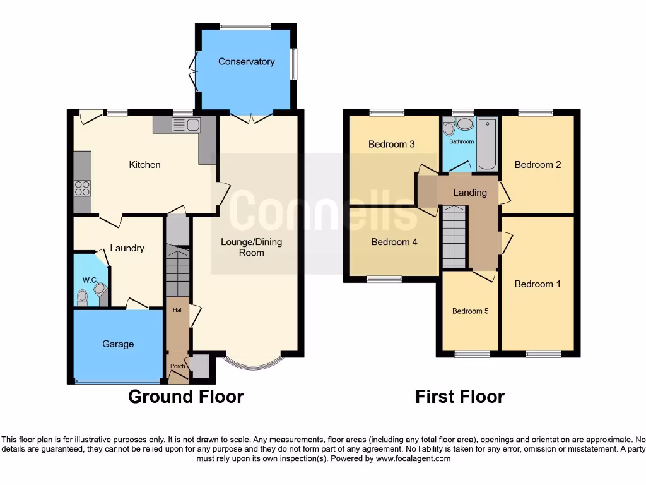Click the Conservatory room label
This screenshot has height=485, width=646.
[x=246, y=61]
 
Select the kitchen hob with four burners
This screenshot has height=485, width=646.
[x=82, y=188]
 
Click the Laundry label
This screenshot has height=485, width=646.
[x=127, y=248]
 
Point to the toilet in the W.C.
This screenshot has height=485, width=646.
[x=82, y=297]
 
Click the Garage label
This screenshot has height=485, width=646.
[x=118, y=344]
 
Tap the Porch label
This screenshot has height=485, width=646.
[x=177, y=366]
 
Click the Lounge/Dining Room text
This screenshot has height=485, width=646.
[x=251, y=247]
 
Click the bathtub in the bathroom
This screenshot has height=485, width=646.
[x=487, y=143]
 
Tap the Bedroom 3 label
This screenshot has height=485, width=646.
[x=391, y=144]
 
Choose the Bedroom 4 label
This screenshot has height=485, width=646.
[x=394, y=242]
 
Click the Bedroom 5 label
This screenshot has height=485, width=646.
[x=470, y=311]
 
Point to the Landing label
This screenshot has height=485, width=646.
[x=470, y=193]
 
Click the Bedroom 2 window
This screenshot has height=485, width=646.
[x=536, y=112]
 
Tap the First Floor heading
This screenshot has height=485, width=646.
[x=459, y=397]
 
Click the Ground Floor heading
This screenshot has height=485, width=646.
[x=185, y=397]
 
